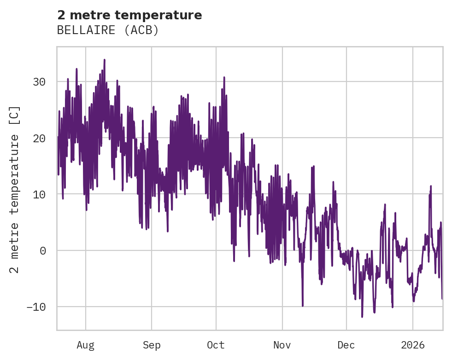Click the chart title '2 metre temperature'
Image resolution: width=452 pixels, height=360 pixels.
[129, 15]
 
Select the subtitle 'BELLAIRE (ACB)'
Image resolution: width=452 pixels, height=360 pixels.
[108, 30]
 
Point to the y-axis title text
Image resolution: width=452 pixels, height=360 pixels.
[15, 190]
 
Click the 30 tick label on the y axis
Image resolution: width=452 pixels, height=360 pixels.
[39, 82]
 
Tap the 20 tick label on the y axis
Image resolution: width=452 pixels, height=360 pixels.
[39, 138]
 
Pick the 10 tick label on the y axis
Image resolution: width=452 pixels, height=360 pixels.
[39, 194]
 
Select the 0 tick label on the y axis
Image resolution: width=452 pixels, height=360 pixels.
[43, 250]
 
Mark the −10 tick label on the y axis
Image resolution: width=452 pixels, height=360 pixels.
[35, 307]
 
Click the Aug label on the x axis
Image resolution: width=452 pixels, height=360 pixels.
[85, 345]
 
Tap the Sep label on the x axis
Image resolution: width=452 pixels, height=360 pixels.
[151, 345]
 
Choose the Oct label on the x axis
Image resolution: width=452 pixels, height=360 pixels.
[216, 345]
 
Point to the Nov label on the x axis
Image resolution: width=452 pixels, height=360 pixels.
[282, 345]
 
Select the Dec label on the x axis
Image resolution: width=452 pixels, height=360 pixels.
[346, 345]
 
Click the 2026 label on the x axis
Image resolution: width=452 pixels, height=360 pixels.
[413, 345]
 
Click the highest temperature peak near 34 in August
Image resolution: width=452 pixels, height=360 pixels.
[105, 60]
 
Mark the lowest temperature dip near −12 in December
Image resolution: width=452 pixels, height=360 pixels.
[362, 317]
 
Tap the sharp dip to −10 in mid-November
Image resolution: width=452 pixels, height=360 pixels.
[303, 305]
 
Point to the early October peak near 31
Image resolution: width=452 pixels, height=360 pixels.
[224, 77]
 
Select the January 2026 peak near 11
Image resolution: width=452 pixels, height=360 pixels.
[431, 186]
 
